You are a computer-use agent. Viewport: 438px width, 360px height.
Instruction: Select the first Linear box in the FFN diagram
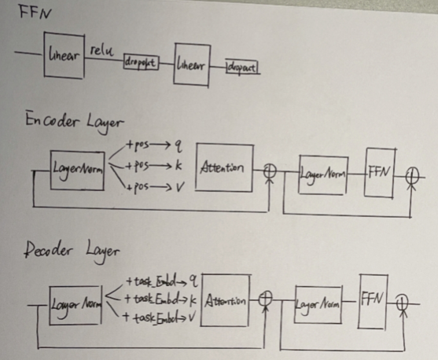coord(64,55)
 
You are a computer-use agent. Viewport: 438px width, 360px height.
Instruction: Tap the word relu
coord(103,50)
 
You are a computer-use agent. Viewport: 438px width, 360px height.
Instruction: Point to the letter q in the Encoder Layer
coord(179,145)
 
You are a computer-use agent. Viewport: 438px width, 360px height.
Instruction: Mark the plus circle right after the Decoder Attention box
coord(265,299)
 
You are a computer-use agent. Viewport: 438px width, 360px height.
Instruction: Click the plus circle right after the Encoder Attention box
coord(271,169)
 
